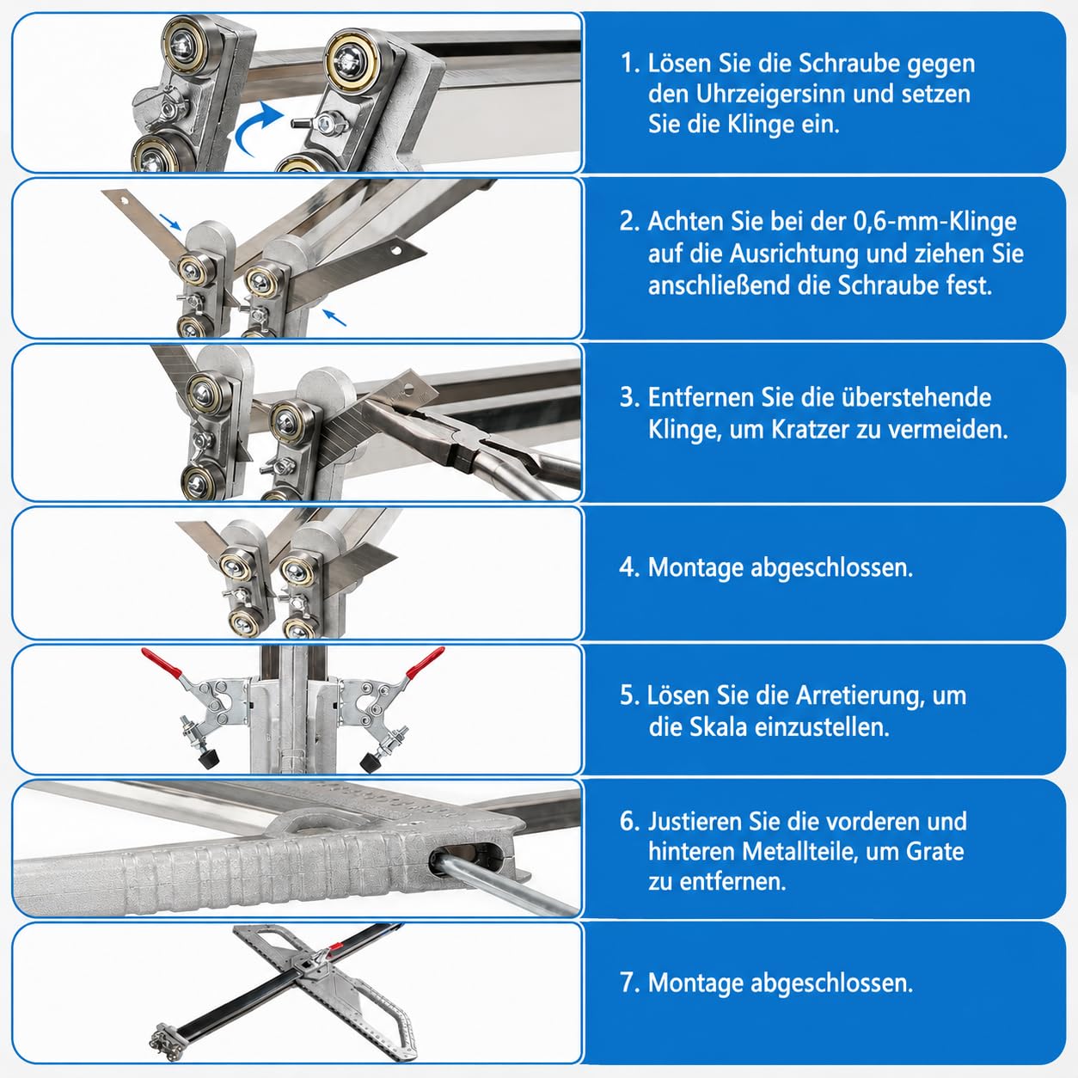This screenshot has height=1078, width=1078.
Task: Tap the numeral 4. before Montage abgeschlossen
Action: [x=629, y=567]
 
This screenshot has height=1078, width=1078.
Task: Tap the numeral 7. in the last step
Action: [x=629, y=983]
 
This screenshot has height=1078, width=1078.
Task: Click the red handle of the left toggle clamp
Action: [x=162, y=662]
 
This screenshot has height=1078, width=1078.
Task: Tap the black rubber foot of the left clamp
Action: [x=207, y=759]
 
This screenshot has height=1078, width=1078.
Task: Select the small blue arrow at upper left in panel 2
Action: [x=170, y=222]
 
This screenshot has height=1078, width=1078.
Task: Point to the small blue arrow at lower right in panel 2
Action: [x=334, y=318]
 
